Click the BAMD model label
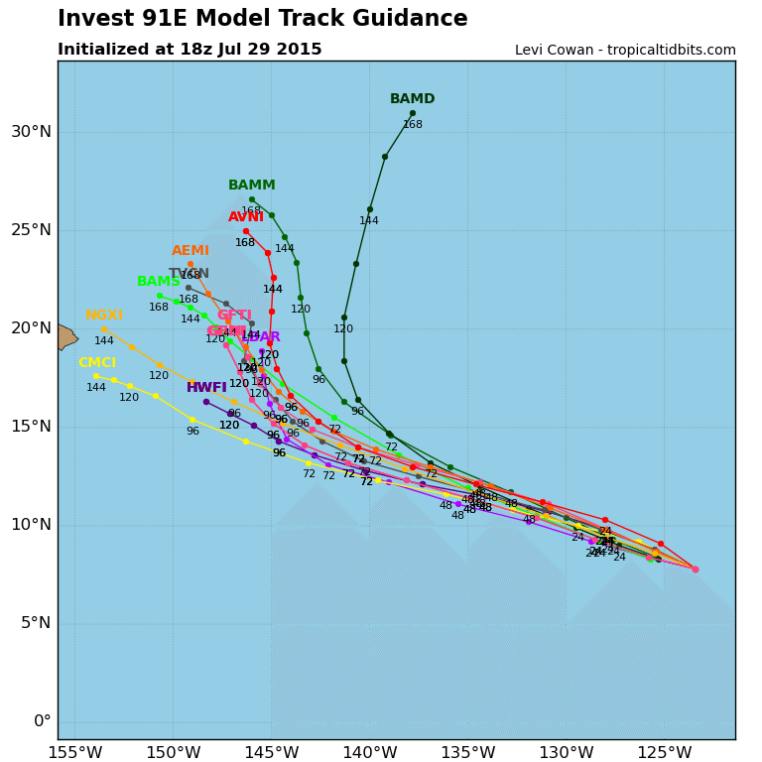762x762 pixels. tap(412, 99)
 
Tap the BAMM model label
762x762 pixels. tap(252, 186)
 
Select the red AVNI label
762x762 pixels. tap(246, 217)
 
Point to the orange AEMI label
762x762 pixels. tap(190, 251)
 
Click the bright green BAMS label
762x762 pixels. tap(159, 282)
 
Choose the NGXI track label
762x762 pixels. tap(104, 316)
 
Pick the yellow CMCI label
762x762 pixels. tap(97, 363)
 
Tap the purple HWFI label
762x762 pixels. tap(206, 388)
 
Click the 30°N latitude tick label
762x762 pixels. tap(31, 132)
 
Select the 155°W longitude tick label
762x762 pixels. tap(75, 752)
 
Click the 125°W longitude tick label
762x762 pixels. tap(664, 752)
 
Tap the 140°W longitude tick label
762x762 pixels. tap(370, 752)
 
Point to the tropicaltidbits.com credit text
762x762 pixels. tap(625, 51)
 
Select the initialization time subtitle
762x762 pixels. tap(190, 50)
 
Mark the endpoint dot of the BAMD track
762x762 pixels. tap(413, 113)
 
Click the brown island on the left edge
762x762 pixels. tap(66, 337)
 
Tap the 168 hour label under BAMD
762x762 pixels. tap(413, 125)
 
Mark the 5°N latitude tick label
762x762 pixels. tap(35, 623)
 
